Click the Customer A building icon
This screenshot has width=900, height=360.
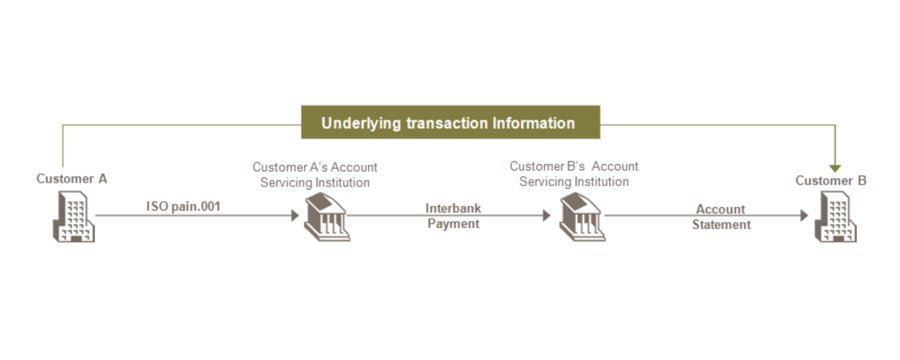74,216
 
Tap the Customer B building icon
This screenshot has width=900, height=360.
835,216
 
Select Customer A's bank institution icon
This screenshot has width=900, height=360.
327,217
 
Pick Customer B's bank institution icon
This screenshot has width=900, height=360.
582,217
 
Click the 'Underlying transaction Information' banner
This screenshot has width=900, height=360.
451,122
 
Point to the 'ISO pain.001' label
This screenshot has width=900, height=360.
183,206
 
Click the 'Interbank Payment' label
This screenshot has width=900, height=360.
453,216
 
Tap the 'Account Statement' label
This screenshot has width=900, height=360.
721,217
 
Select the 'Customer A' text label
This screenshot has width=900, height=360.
72,179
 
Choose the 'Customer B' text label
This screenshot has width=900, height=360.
831,181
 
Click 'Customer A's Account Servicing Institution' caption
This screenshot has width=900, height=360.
315,175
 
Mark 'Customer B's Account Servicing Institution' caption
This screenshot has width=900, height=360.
574,174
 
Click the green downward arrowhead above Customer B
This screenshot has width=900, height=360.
835,168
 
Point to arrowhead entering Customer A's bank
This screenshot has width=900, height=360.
295,215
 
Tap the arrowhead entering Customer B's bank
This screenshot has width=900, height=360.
546,215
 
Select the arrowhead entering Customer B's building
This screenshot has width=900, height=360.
804,215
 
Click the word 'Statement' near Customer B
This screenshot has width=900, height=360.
721,224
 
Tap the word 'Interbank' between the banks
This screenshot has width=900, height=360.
453,208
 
